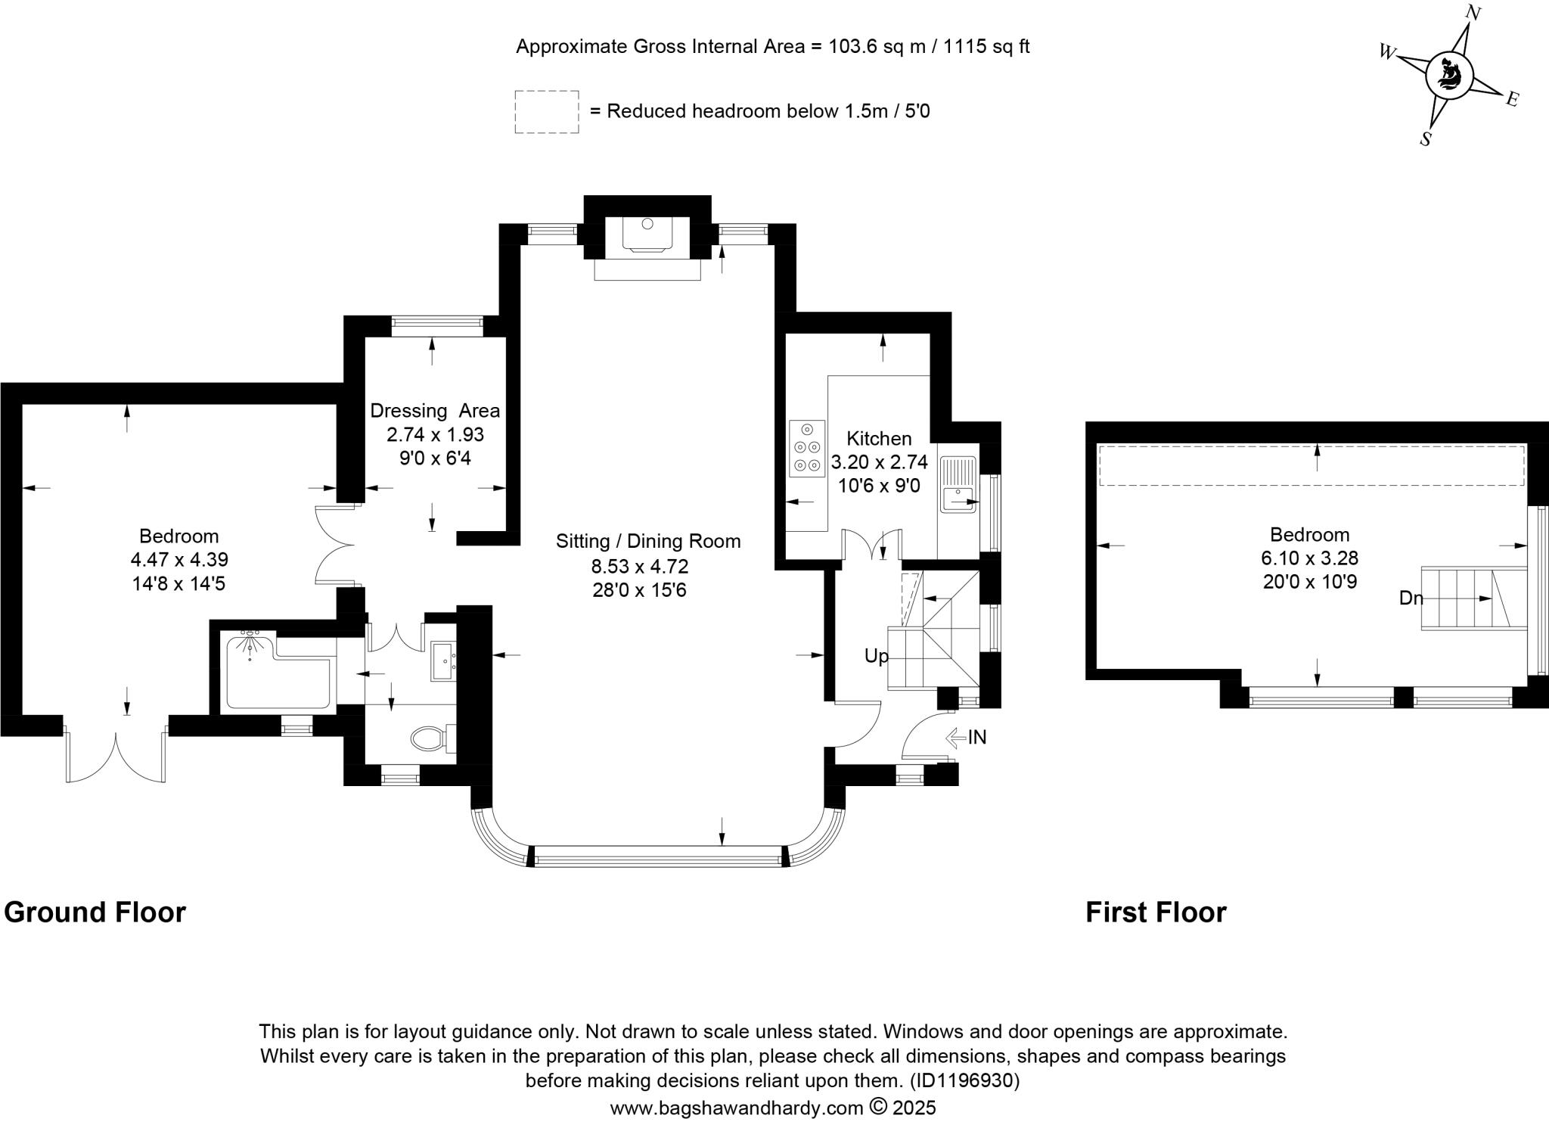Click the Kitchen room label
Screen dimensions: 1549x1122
pos(879,438)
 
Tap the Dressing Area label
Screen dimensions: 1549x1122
pos(435,411)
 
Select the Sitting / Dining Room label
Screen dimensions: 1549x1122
pos(648,541)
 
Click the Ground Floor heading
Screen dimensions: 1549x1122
pos(95,912)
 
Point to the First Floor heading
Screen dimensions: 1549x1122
pos(1156,912)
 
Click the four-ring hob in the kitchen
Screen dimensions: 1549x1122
pos(806,449)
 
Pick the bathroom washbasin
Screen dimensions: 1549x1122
pos(443,662)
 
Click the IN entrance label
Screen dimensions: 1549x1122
pos(976,737)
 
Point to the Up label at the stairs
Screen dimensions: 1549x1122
pos(877,656)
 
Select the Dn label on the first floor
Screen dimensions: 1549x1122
pos(1411,598)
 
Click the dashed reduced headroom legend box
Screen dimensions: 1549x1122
pos(547,112)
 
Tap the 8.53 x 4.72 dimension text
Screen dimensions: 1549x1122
pos(640,566)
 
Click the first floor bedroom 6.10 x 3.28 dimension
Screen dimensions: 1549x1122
pos(1309,558)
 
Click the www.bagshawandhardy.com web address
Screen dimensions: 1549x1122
pos(736,1108)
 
